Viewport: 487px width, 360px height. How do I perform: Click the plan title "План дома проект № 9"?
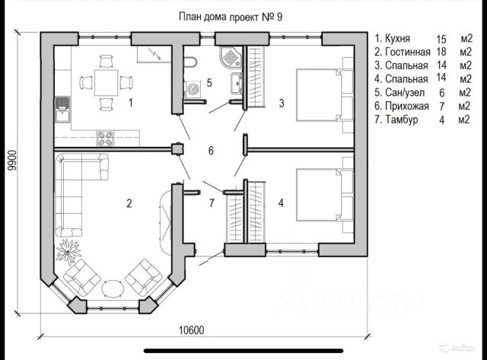click(231, 17)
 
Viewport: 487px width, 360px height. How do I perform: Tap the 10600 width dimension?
click(192, 330)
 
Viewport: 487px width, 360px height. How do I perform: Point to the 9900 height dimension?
click(12, 161)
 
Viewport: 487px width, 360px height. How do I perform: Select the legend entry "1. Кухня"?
click(393, 38)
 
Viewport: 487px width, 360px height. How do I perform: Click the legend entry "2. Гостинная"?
click(403, 52)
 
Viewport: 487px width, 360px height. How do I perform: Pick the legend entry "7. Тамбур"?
click(396, 119)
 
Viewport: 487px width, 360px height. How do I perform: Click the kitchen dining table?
click(107, 83)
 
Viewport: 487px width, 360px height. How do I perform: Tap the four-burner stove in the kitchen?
click(105, 139)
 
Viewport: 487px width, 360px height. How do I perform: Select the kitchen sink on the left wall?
click(62, 110)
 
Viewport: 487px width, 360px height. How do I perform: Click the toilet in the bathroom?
click(189, 62)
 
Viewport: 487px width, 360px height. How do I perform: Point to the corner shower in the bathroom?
click(230, 56)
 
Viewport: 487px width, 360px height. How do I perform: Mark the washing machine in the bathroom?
click(193, 88)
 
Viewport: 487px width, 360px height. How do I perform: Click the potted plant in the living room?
click(68, 251)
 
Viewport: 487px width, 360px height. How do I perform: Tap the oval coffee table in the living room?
click(113, 288)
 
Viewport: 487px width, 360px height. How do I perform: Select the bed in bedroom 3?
click(325, 95)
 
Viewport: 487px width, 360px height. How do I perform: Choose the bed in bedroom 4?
click(325, 195)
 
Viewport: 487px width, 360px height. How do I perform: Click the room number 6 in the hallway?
click(212, 151)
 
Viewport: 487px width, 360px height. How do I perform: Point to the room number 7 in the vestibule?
click(212, 203)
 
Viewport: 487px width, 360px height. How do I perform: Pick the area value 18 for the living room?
click(441, 52)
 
